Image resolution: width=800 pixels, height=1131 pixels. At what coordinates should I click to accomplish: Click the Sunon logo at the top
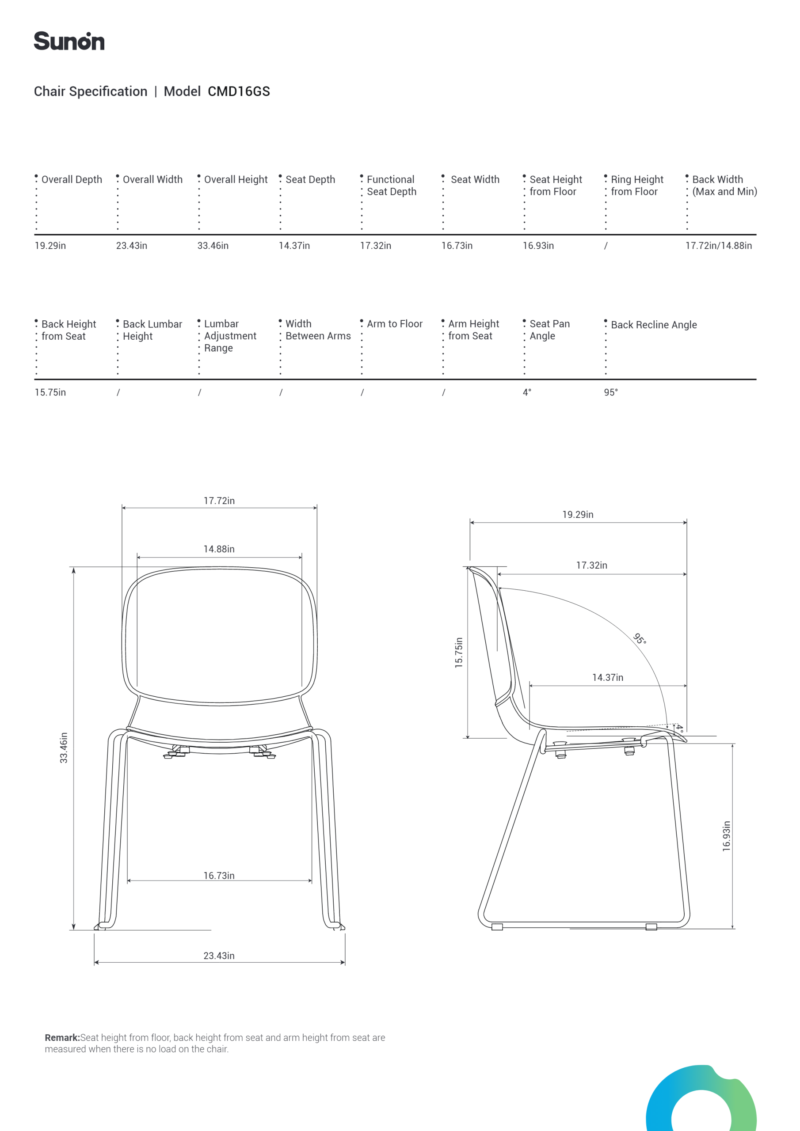click(69, 42)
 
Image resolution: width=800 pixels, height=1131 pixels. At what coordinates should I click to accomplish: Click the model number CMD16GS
click(239, 91)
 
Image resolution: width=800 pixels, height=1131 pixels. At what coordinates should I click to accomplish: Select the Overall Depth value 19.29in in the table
click(50, 246)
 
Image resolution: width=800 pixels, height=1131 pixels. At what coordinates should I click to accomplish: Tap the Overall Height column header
click(236, 180)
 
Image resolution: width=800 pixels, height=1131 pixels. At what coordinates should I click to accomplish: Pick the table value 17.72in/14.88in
click(718, 246)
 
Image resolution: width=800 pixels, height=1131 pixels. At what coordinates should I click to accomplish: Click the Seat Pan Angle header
click(549, 330)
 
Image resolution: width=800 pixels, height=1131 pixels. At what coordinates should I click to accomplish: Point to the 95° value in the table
click(611, 393)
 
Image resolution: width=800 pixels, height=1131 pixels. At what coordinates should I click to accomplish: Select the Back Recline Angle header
click(654, 325)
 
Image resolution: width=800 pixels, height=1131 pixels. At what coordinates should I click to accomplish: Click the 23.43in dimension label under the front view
click(219, 956)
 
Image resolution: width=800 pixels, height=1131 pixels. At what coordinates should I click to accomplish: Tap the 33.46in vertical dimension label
click(64, 748)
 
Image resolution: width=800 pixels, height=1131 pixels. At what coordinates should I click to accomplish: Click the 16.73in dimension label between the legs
click(219, 875)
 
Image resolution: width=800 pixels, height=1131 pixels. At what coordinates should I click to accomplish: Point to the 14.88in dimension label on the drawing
click(219, 549)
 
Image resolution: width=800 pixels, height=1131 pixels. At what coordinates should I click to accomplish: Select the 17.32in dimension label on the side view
click(591, 565)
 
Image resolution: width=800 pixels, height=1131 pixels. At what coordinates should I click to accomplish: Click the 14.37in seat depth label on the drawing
click(607, 677)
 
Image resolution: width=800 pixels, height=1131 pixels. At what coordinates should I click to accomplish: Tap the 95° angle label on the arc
click(639, 639)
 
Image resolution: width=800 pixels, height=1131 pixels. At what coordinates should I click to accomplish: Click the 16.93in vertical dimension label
click(727, 836)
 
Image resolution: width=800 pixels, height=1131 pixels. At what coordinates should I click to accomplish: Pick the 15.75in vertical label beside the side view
click(459, 653)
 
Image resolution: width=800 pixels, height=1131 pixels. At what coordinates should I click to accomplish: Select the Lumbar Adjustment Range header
click(230, 336)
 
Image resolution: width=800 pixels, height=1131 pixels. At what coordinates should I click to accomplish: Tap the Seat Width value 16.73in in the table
click(457, 246)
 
